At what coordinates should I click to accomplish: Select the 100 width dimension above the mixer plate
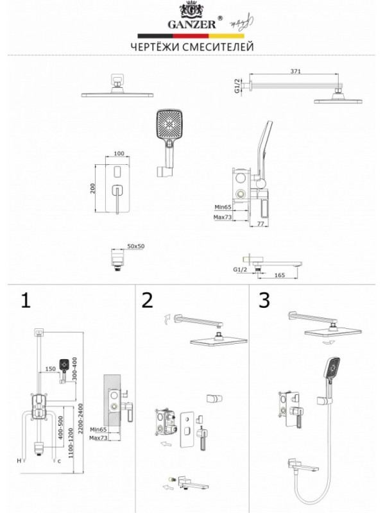tap(119, 155)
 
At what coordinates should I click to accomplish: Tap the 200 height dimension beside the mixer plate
tap(93, 188)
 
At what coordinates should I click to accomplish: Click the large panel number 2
tap(148, 300)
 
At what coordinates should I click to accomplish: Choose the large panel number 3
tap(264, 300)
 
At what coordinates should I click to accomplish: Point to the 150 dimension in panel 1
tap(51, 369)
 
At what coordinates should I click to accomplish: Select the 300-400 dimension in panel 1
tap(75, 372)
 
